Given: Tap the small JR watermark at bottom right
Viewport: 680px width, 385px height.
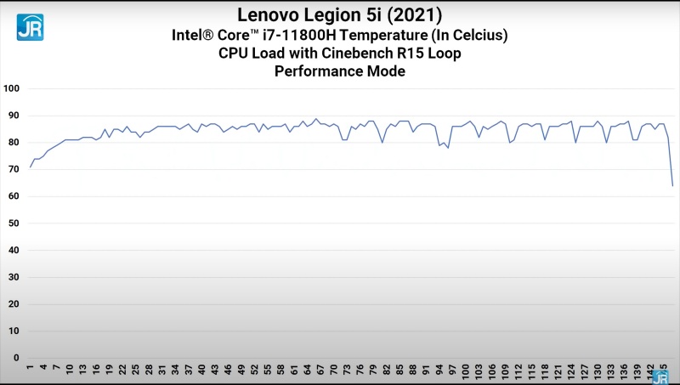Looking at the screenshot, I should tap(660, 377).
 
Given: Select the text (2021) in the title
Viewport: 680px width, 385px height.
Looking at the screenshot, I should tap(415, 15).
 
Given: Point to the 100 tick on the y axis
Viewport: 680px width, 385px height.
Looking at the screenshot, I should tap(12, 88).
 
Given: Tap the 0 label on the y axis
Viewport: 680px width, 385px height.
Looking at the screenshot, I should tap(17, 358).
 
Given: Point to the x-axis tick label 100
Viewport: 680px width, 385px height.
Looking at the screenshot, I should tap(467, 371).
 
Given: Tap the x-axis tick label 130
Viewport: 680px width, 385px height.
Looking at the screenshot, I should tap(598, 371).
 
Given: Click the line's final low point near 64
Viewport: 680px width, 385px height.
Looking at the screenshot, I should tap(672, 185).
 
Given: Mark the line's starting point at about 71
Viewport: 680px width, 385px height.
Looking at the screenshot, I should tap(30, 167).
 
